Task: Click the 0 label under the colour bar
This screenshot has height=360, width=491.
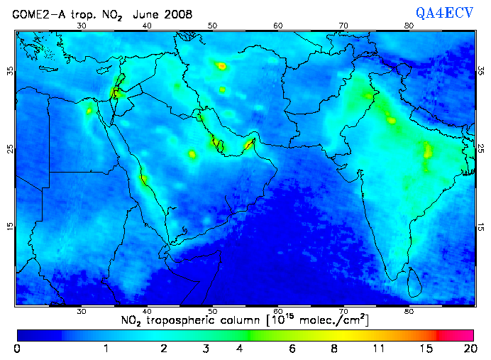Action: [17, 349]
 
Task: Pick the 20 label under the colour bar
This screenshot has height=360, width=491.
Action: [468, 349]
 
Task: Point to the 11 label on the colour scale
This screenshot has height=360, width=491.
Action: [380, 349]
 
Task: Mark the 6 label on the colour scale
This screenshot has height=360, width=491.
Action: [292, 349]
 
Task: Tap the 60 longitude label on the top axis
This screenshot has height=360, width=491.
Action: [278, 26]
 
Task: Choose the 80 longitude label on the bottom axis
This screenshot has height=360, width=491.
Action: [409, 311]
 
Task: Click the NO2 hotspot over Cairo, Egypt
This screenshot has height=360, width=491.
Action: [89, 110]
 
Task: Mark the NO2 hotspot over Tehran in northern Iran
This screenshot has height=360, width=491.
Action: [221, 65]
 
